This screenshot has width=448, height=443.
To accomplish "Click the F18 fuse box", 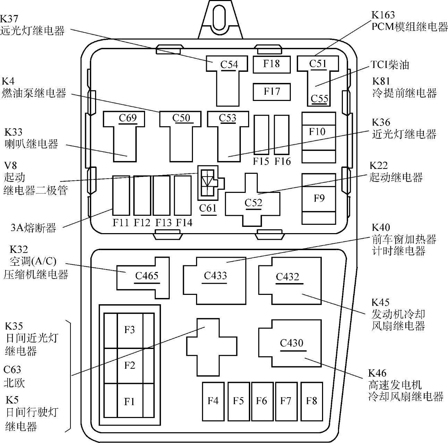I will click(x=271, y=64).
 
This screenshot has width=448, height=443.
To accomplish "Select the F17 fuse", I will click(x=271, y=92).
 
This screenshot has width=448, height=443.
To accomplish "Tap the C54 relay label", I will click(x=229, y=65).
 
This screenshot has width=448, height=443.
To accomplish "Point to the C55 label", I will click(x=319, y=99).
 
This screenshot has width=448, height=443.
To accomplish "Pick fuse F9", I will click(x=319, y=198).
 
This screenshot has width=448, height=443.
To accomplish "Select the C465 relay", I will click(x=146, y=276).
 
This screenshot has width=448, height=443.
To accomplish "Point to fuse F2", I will click(x=129, y=365).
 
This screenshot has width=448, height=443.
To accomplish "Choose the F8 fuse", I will click(x=311, y=401).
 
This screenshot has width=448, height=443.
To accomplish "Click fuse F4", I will click(x=213, y=401).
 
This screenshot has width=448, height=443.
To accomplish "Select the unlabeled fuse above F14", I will click(x=183, y=195).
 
